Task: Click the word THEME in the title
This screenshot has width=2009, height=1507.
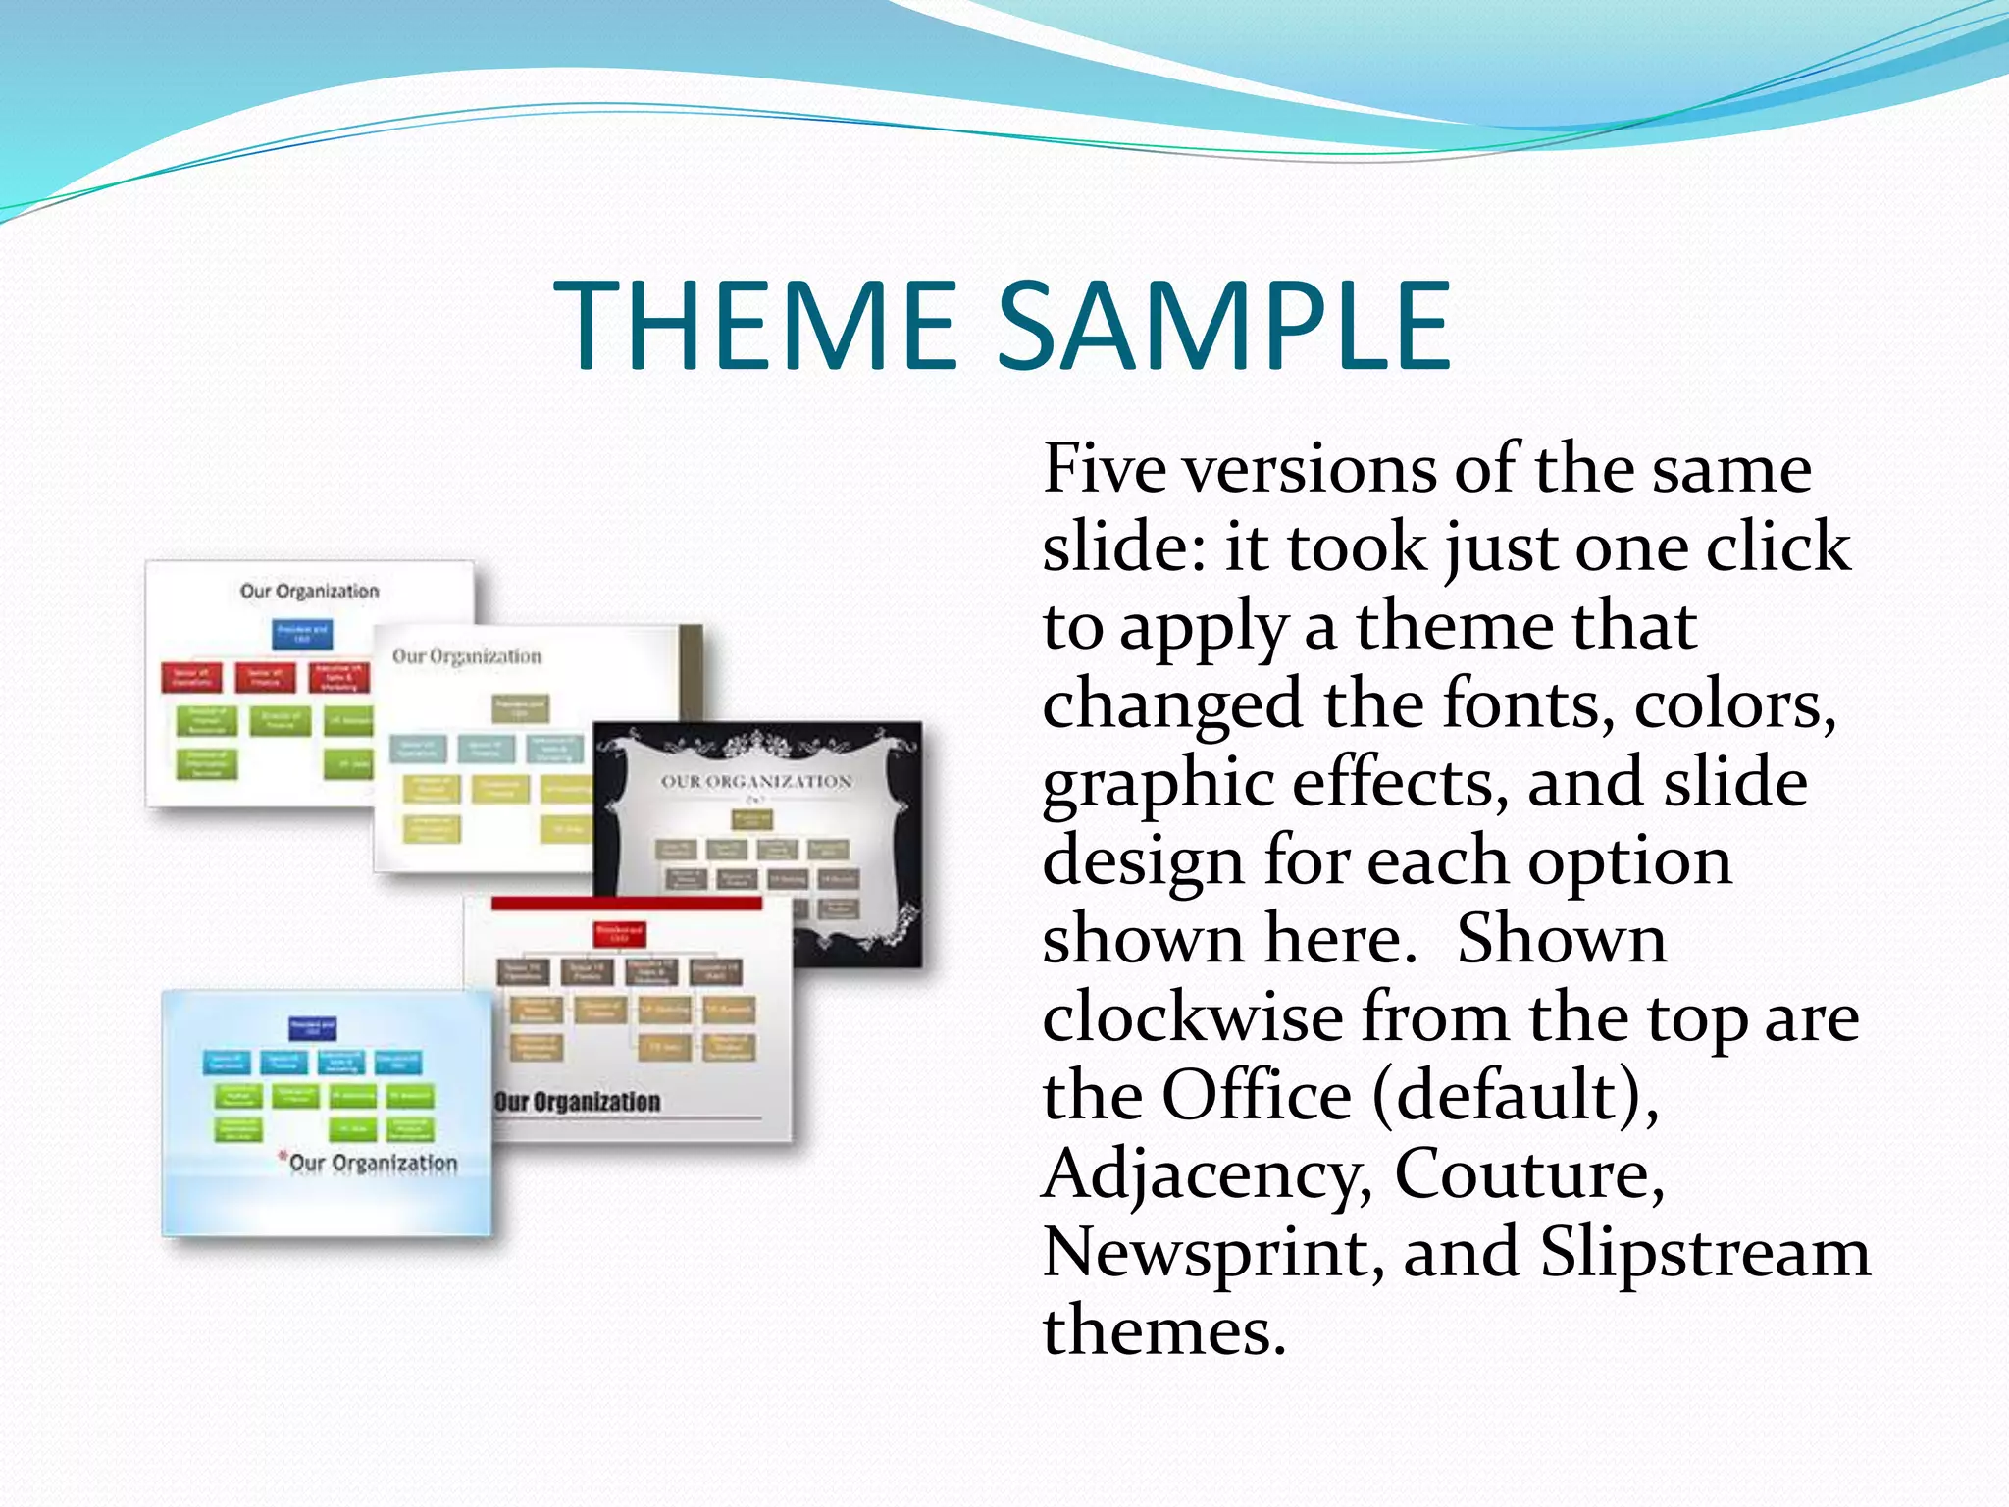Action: (755, 326)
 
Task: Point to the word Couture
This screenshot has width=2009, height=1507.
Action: (1529, 1173)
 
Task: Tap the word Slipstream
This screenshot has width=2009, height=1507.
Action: (1705, 1253)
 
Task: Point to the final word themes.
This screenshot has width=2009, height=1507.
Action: (1163, 1331)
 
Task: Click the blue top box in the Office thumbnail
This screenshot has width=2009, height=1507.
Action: (302, 633)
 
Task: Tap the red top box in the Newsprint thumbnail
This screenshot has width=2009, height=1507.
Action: (620, 933)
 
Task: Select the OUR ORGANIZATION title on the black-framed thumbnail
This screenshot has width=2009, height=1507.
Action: (756, 782)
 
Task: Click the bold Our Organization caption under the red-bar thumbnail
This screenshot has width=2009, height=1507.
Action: (578, 1102)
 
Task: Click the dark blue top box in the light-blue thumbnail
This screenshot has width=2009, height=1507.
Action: (313, 1027)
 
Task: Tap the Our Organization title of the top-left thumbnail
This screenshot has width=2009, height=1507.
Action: (310, 591)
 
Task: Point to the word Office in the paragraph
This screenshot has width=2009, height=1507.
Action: (1257, 1096)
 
